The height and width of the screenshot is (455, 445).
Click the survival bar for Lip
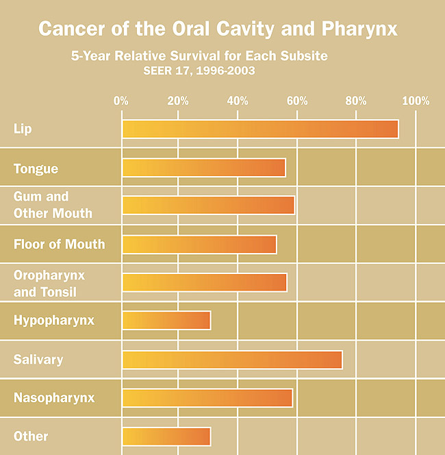click(x=260, y=130)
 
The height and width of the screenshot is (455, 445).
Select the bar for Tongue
click(x=203, y=168)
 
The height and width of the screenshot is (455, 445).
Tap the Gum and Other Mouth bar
click(x=208, y=206)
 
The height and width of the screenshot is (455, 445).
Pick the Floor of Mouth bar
click(x=199, y=245)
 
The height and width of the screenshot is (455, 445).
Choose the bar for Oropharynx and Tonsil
click(x=204, y=282)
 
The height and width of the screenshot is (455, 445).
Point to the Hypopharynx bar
click(x=166, y=321)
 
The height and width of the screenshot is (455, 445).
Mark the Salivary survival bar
click(x=232, y=360)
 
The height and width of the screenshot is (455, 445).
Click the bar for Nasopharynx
click(x=207, y=398)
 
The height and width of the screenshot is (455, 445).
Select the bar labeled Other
click(x=166, y=436)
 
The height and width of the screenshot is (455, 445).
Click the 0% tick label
click(x=120, y=101)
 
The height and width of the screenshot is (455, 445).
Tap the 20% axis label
click(x=178, y=101)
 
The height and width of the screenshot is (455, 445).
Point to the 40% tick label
click(x=238, y=101)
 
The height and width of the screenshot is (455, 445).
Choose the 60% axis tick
click(x=297, y=101)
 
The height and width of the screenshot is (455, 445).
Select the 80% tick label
click(x=356, y=101)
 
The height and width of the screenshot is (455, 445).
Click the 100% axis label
click(x=415, y=101)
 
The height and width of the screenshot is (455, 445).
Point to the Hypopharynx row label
click(x=54, y=320)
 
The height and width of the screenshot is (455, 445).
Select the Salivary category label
click(x=38, y=360)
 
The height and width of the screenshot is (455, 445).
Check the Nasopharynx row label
click(x=54, y=397)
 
